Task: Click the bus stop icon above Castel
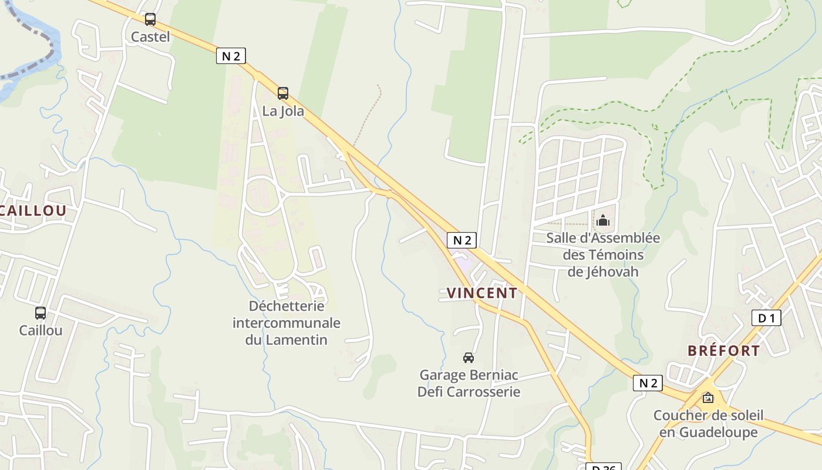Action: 150,19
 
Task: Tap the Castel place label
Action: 150,37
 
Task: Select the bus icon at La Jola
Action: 283,93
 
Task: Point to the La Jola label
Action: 283,110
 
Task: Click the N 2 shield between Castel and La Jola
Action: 231,56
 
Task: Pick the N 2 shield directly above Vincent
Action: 461,240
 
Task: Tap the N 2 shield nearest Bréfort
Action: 648,383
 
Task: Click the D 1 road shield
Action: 766,318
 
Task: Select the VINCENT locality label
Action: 482,293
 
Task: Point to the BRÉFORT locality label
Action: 723,351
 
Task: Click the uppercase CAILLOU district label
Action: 32,211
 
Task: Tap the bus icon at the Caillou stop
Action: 41,313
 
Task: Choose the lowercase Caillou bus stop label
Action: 41,330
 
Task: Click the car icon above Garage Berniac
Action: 469,357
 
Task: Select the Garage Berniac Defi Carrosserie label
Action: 469,383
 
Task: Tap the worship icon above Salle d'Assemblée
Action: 603,221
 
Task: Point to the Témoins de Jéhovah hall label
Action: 603,255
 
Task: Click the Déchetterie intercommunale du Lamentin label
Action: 287,323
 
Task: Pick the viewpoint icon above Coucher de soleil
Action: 708,398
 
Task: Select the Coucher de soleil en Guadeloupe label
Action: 708,424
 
